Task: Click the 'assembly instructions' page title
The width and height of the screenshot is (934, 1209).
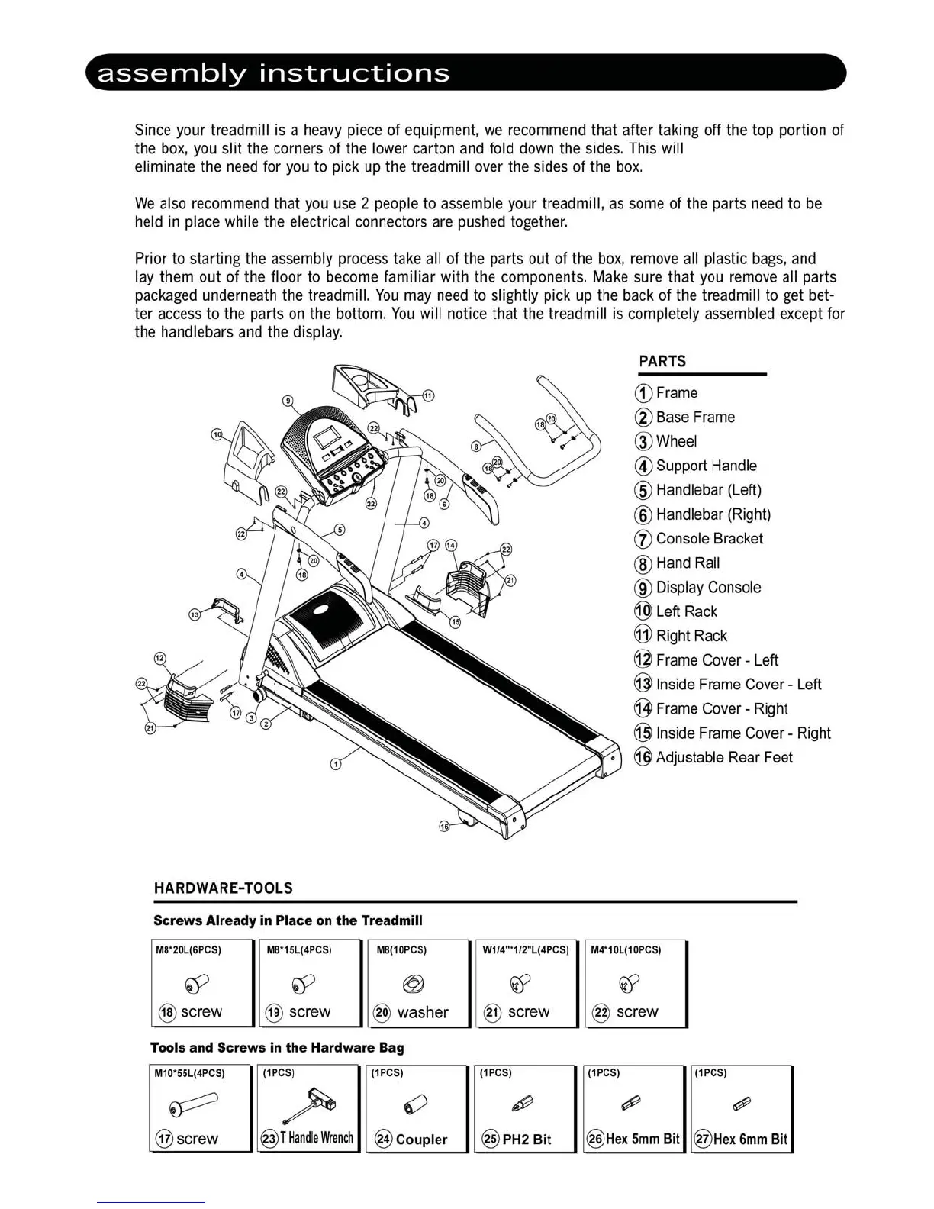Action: click(x=273, y=73)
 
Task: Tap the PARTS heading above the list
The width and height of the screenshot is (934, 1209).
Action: click(x=662, y=362)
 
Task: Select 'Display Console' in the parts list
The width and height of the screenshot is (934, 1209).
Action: click(x=707, y=588)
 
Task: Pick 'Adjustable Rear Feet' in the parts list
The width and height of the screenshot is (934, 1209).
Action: click(x=723, y=758)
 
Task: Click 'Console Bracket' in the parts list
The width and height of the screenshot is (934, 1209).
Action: click(x=709, y=539)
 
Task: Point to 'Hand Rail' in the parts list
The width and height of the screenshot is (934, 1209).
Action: click(x=687, y=563)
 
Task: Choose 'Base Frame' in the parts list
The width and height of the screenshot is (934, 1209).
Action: click(x=694, y=418)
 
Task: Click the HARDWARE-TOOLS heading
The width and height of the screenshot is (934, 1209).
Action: click(x=223, y=888)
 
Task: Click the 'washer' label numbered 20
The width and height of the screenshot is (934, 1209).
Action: click(x=422, y=1013)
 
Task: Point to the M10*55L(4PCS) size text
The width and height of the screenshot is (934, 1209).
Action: click(x=189, y=1073)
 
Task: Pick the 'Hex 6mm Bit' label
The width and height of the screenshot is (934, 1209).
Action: click(x=749, y=1140)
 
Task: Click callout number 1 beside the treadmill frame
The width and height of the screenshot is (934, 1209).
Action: click(x=336, y=765)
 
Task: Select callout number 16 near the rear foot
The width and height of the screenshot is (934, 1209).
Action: click(x=445, y=827)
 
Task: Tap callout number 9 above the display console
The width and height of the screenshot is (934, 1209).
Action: click(x=288, y=400)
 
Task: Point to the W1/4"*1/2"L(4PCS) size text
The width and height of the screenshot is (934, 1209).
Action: click(x=526, y=950)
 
